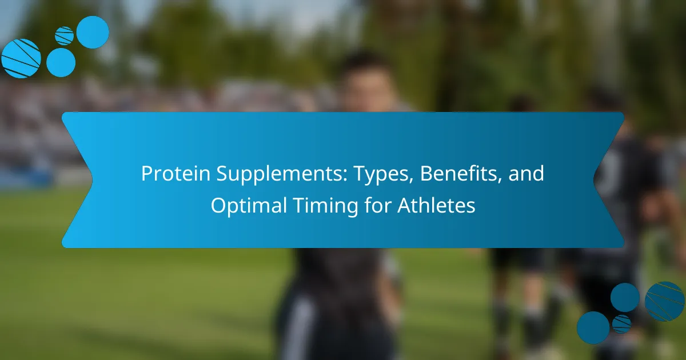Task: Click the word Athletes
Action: click(436, 205)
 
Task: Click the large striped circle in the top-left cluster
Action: click(21, 58)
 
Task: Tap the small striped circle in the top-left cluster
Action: click(64, 36)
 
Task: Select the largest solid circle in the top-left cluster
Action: click(93, 32)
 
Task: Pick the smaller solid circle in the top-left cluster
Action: click(61, 62)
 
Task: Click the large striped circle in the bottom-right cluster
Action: click(664, 302)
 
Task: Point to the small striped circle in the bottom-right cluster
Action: click(622, 324)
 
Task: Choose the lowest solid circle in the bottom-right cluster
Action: click(593, 328)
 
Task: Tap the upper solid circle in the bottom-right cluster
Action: click(625, 298)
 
